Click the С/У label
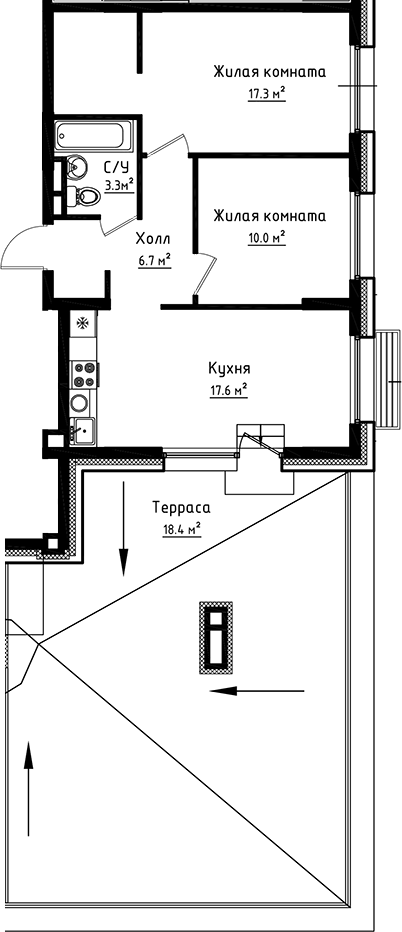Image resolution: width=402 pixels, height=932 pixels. click(114, 168)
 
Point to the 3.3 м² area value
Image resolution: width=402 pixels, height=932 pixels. click(119, 184)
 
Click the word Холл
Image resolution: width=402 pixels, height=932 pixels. click(153, 239)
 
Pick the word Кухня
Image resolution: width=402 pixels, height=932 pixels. click(229, 367)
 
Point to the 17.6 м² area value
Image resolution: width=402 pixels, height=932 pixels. click(229, 390)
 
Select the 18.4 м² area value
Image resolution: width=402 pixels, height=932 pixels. click(181, 529)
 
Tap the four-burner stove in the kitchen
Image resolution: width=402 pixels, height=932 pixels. click(82, 374)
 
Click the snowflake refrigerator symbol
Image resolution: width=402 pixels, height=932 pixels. click(82, 323)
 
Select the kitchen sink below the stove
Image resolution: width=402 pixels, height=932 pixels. click(81, 430)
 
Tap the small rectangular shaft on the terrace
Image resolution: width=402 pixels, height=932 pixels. click(214, 636)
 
